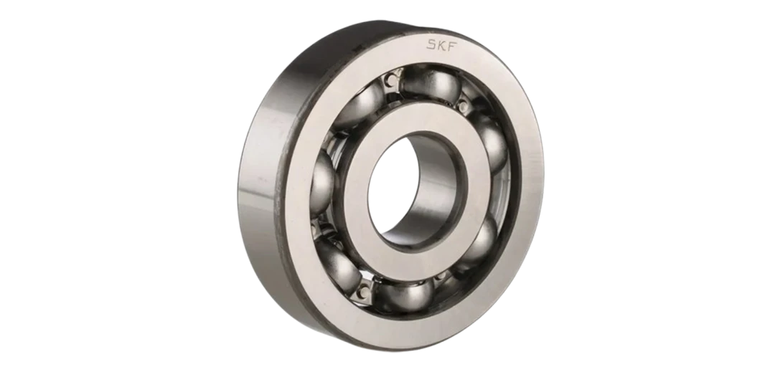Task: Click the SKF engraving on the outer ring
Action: click(x=442, y=45)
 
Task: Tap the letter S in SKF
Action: click(x=431, y=44)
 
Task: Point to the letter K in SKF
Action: click(x=442, y=45)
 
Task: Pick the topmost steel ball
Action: click(x=431, y=84)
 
